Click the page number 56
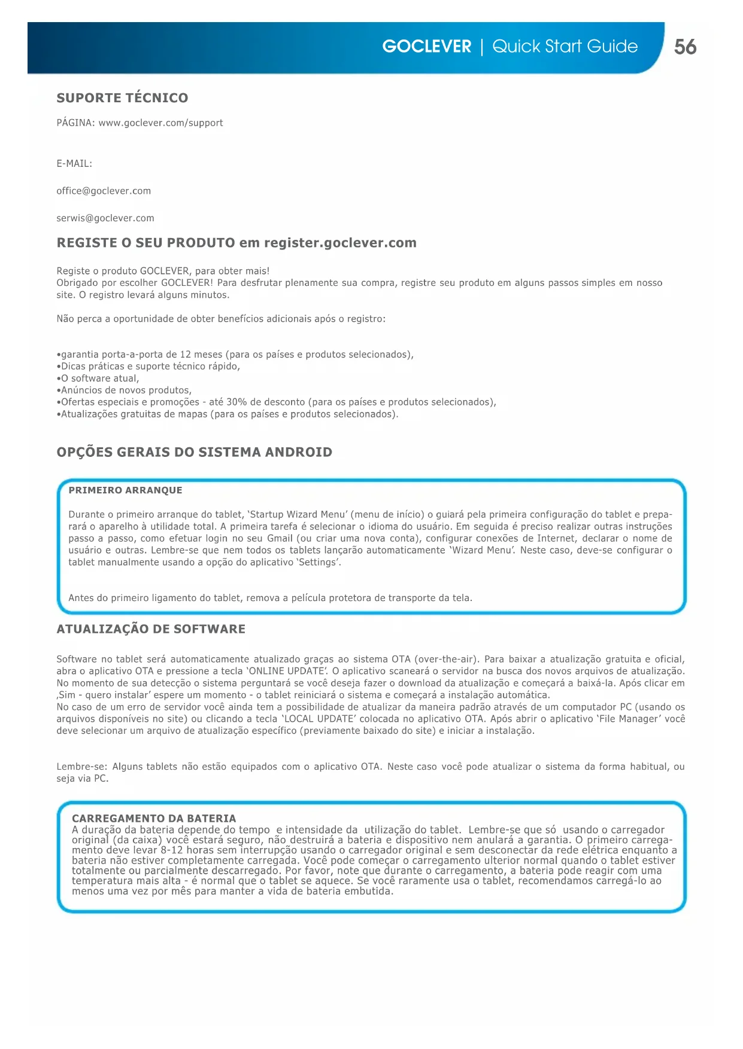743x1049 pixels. (x=685, y=47)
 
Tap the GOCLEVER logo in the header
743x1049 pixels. (x=426, y=47)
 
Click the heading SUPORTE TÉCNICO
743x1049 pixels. (x=122, y=98)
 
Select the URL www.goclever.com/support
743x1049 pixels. (x=160, y=123)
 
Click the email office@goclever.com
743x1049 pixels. (x=104, y=191)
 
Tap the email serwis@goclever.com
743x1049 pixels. (x=105, y=218)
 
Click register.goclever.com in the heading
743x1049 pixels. (x=340, y=243)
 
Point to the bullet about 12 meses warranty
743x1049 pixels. (x=235, y=355)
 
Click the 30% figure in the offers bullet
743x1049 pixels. (x=236, y=402)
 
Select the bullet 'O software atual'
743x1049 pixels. (x=99, y=379)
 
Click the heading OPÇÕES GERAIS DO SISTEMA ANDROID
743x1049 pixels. (x=194, y=452)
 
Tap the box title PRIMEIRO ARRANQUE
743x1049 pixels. (x=125, y=490)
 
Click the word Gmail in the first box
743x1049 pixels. (x=280, y=538)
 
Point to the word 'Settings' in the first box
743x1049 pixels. (x=319, y=562)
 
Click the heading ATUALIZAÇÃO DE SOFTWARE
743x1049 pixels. (x=151, y=629)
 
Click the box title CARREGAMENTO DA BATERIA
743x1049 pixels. (x=154, y=818)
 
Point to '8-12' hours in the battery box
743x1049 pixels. (x=172, y=850)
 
